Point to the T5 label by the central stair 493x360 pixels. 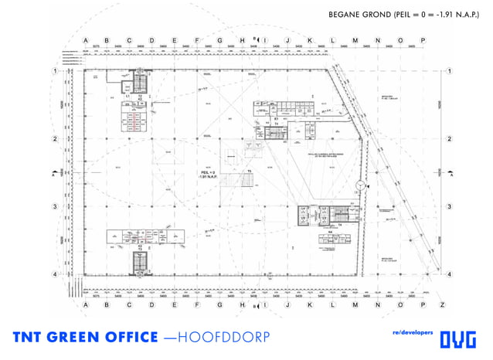coord(250,171)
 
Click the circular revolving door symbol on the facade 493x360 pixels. coord(360,185)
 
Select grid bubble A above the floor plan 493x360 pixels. coord(84,40)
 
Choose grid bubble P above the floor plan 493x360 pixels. coord(423,40)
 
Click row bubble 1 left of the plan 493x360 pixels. coord(55,71)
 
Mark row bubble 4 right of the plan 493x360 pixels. coord(449,274)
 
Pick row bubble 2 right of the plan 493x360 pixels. coord(449,139)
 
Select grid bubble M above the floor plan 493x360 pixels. coord(355,40)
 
